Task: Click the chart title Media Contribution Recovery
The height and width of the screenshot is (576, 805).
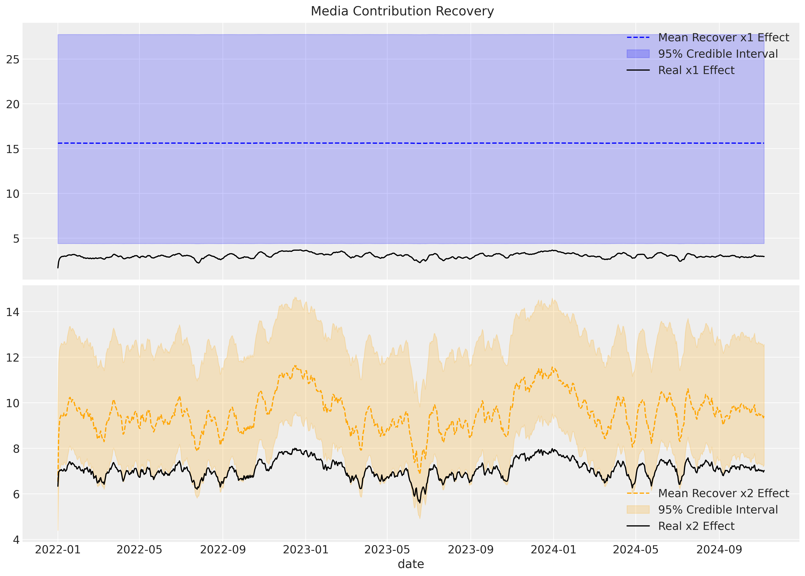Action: (x=402, y=11)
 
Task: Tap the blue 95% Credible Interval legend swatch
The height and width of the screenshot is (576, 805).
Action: (x=638, y=54)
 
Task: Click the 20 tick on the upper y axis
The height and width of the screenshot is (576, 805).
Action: (x=13, y=104)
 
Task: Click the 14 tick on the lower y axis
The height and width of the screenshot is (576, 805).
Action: (x=13, y=312)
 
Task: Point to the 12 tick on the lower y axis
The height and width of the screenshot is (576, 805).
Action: (x=13, y=358)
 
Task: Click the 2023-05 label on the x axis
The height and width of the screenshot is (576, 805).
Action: (x=387, y=550)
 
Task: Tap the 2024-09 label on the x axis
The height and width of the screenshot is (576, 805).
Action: (x=719, y=550)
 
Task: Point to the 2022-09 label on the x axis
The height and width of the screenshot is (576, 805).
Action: (x=223, y=550)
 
